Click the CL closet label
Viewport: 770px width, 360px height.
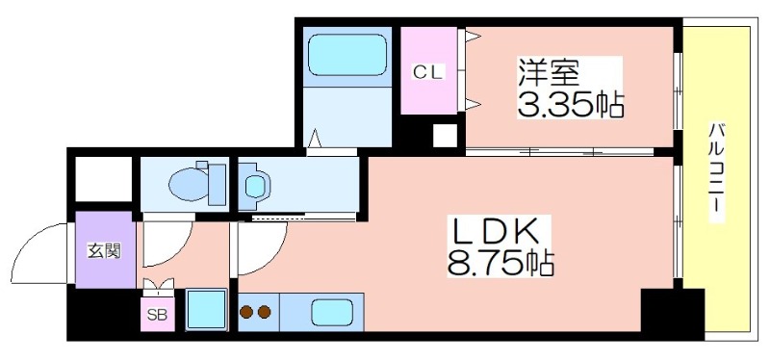(429, 71)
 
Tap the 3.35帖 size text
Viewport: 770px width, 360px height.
(571, 102)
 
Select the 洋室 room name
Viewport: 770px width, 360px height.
(549, 70)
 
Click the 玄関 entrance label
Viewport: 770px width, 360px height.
(104, 251)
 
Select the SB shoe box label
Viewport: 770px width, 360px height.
(155, 314)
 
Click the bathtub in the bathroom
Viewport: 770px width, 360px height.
(346, 56)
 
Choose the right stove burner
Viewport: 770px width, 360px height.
(264, 312)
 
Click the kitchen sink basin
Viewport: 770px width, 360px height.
(333, 313)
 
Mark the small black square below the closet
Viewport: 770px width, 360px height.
(444, 135)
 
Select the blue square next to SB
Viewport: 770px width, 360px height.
(204, 311)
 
